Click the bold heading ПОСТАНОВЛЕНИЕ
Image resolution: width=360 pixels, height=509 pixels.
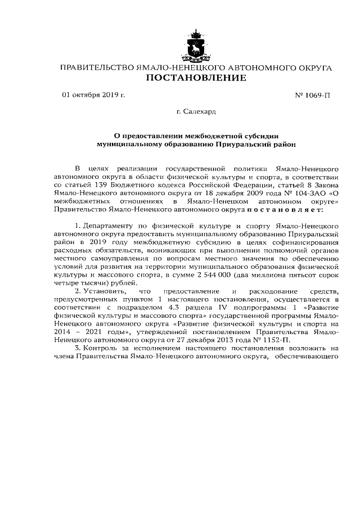[196, 78]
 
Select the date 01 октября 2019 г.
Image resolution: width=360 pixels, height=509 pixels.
[93, 95]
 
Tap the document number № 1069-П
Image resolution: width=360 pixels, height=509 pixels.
[313, 96]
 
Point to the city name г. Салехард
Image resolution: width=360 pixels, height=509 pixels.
[196, 112]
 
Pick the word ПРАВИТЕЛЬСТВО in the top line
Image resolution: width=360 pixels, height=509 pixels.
[93, 68]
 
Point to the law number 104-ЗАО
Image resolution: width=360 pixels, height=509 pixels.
[303, 193]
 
